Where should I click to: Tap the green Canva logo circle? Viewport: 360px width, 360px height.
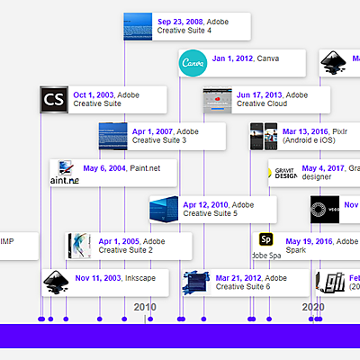coord(193,63)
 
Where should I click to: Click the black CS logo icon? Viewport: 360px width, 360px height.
coord(55,99)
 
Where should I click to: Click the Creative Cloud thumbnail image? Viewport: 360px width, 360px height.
coord(218,99)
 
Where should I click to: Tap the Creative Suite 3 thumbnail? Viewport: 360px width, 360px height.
coord(113,136)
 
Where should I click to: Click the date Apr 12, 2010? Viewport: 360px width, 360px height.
coord(206,204)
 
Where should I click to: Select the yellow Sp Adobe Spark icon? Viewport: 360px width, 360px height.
coord(265,239)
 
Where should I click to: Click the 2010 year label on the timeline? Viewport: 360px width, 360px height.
coord(145,307)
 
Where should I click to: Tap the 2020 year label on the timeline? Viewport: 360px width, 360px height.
coord(312,307)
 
